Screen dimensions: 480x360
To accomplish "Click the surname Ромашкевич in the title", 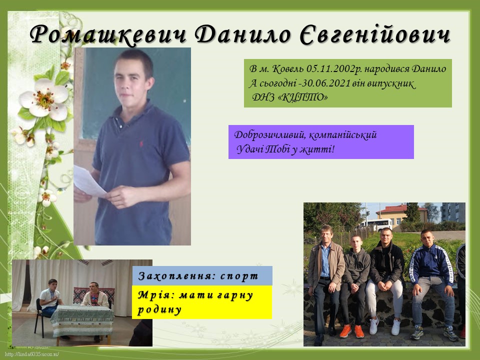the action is click(x=108, y=34).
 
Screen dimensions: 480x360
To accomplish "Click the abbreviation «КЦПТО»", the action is click(x=304, y=97).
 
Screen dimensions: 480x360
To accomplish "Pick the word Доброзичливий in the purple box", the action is click(x=269, y=134).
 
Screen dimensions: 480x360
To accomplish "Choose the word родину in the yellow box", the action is click(x=159, y=309).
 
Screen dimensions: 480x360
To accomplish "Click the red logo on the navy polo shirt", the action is click(x=141, y=143).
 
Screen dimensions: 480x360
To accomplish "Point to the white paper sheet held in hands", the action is click(x=89, y=181).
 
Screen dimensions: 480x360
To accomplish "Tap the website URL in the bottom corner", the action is click(x=32, y=354).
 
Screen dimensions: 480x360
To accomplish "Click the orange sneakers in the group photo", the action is click(x=352, y=331).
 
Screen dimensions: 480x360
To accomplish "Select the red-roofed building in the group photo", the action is click(x=401, y=214).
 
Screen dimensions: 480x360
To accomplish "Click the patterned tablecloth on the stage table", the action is click(x=82, y=321).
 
